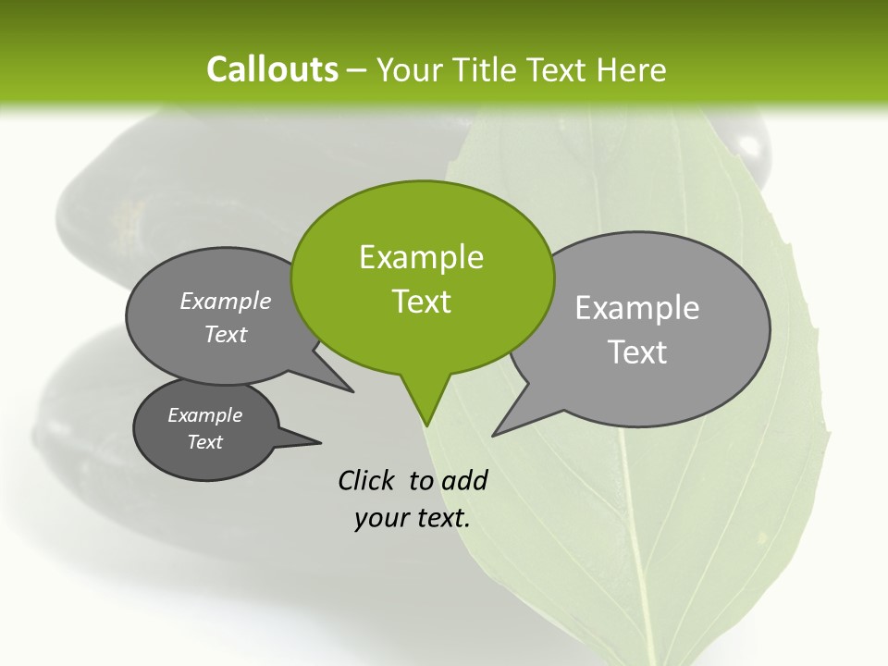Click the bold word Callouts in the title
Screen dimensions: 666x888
pyautogui.click(x=272, y=69)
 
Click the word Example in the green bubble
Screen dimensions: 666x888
pyautogui.click(x=421, y=257)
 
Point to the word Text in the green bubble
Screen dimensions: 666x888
pyautogui.click(x=421, y=302)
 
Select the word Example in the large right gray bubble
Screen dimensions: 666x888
pyautogui.click(x=637, y=308)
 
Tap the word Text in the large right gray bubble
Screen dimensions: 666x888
pyautogui.click(x=637, y=352)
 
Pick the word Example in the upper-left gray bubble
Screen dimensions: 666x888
pyautogui.click(x=226, y=301)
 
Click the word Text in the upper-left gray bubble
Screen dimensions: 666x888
pyautogui.click(x=226, y=334)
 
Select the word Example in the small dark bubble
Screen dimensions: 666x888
pyautogui.click(x=204, y=415)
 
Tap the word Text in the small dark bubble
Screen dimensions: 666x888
pyautogui.click(x=204, y=442)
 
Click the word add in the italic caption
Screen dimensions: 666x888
pyautogui.click(x=464, y=480)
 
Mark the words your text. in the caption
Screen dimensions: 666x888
pyautogui.click(x=413, y=518)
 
